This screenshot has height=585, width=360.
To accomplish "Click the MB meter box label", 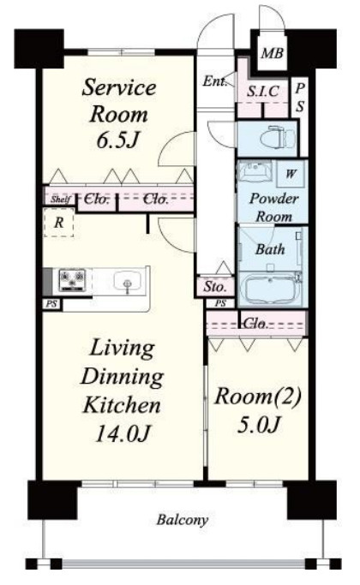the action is click(272, 53).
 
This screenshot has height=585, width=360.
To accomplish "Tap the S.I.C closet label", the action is click(263, 91).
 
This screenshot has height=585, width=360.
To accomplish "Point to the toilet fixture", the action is click(278, 138).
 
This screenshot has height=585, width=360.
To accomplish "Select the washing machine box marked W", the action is click(291, 174).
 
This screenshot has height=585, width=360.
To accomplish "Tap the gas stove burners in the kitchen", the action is click(73, 280).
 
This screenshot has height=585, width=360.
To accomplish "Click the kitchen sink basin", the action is click(128, 281).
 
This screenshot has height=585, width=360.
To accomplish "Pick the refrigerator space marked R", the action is click(58, 223).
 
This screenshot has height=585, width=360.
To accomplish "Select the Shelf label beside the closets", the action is click(61, 199).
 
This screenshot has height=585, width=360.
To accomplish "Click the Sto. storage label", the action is click(215, 287).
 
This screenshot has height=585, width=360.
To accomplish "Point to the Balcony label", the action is click(182, 520).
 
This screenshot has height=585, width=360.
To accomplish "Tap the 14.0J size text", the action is click(123, 433).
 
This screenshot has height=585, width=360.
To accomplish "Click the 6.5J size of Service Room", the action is click(118, 140).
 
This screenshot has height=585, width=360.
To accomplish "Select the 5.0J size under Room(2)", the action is click(258, 424).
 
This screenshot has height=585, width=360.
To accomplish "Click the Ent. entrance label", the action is click(215, 81).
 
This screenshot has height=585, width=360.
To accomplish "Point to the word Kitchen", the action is click(122, 404).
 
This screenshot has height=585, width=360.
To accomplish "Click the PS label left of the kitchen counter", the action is click(51, 304).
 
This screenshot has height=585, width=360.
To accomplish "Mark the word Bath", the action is click(270, 249).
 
